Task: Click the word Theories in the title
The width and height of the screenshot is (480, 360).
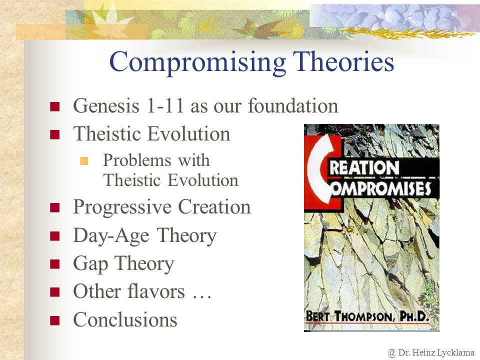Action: (x=343, y=61)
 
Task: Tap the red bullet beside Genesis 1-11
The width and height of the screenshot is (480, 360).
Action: (x=55, y=106)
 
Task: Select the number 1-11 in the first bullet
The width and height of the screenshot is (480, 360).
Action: (x=165, y=105)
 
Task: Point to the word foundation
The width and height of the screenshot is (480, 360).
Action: (x=293, y=105)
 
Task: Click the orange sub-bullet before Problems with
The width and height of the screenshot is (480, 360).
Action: (x=84, y=161)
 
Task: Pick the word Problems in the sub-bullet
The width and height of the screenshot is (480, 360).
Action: (x=137, y=160)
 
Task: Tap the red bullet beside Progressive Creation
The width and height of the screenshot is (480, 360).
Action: (x=55, y=208)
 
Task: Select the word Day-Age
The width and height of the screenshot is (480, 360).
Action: (x=111, y=236)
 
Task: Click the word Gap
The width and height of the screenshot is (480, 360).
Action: (x=90, y=264)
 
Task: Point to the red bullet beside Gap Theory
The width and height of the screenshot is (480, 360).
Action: (x=55, y=264)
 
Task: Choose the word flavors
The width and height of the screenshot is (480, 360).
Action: (x=156, y=291)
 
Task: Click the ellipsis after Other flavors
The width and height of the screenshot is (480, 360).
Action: (x=201, y=296)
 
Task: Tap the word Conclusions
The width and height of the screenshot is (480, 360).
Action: (x=125, y=319)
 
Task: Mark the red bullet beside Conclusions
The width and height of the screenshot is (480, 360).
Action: (x=55, y=320)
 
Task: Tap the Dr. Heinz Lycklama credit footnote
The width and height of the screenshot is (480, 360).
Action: (x=431, y=353)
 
